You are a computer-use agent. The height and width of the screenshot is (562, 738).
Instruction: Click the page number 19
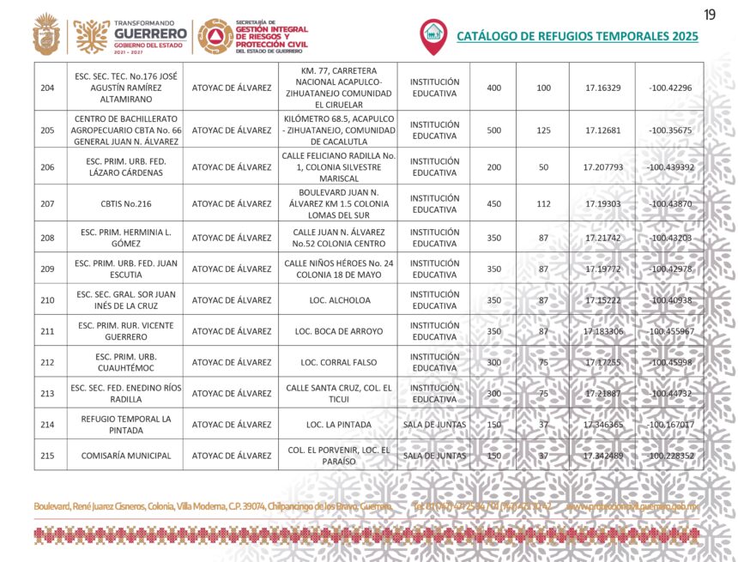coord(709,15)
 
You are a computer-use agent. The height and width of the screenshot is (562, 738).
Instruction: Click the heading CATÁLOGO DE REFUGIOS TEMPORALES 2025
coord(577,36)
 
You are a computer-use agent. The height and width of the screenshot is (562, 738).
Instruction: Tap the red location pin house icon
coord(433,34)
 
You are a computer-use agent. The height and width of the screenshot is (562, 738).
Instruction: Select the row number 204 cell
coord(47,88)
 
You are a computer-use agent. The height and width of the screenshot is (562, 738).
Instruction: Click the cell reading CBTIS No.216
coord(125,203)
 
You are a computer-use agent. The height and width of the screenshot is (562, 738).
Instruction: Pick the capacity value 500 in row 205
coord(493,130)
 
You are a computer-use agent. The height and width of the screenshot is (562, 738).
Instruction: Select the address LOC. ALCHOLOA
coord(338,300)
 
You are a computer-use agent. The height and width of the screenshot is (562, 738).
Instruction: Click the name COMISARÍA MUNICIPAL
coord(125,456)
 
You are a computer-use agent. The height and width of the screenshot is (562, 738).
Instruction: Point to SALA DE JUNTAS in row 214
coord(434,425)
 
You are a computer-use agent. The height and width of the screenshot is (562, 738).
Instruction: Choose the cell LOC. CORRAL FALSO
coord(338,362)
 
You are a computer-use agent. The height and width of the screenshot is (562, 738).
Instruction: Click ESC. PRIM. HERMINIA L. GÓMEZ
coord(125,238)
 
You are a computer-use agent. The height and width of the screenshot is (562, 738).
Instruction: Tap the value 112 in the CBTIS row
coord(543,203)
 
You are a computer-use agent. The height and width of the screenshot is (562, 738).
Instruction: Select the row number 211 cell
coord(47,331)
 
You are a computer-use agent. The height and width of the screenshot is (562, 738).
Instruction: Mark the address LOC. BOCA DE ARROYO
coord(338,331)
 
